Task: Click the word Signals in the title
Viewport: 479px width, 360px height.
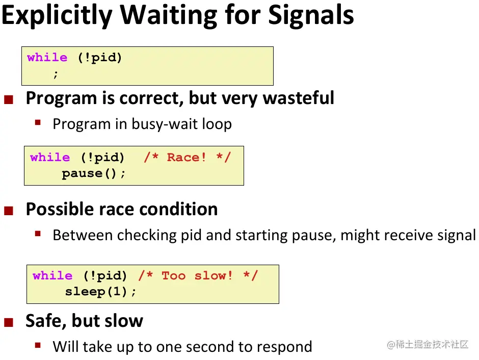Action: coord(311,16)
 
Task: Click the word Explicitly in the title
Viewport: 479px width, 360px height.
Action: coord(57,16)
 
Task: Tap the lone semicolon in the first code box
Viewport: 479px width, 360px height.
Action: coord(56,73)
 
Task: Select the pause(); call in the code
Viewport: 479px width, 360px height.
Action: coord(93,173)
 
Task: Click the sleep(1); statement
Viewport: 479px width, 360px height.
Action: coord(100,292)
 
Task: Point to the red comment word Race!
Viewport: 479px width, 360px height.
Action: coord(187,158)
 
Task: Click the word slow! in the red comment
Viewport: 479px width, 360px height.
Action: coord(213,276)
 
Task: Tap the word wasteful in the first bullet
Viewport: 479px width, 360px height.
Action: coord(299,98)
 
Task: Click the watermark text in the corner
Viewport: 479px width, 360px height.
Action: coord(428,344)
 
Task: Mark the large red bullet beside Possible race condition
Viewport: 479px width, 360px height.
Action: coord(9,211)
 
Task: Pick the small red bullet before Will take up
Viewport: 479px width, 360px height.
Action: coord(38,346)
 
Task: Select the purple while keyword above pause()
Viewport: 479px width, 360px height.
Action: coord(50,158)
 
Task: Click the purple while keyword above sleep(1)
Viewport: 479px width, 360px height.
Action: coord(52,276)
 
